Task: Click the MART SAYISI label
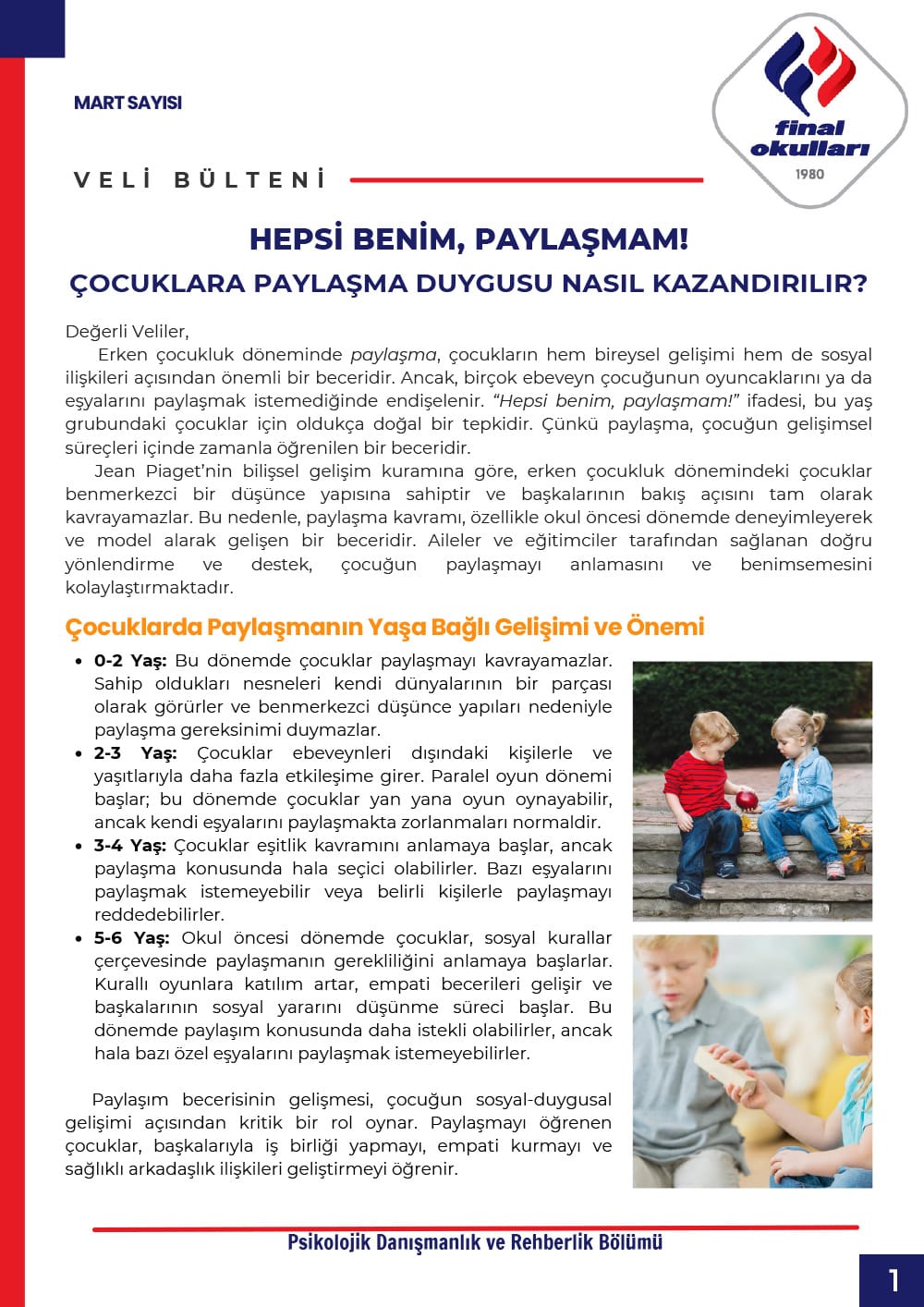tap(128, 103)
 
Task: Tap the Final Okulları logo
tap(809, 109)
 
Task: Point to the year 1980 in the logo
tap(809, 174)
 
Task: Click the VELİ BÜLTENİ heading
tap(201, 179)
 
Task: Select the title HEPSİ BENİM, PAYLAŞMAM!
tap(468, 239)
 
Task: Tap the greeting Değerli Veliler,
tap(127, 332)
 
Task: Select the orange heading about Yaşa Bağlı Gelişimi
tap(384, 627)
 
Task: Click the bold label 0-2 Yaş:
tap(130, 661)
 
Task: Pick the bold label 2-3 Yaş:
tap(135, 753)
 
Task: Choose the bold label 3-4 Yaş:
tap(130, 846)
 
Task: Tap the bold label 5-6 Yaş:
tap(132, 938)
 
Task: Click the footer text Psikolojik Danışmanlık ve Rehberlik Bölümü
tap(475, 1242)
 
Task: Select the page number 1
tap(893, 1280)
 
